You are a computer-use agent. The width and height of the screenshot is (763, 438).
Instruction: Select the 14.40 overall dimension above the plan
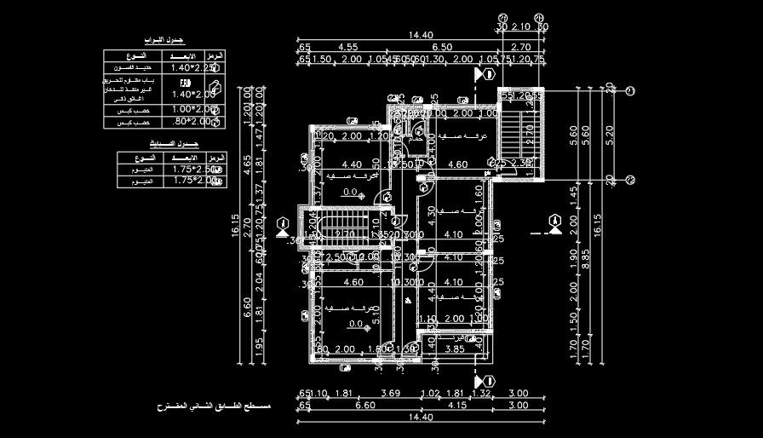pyautogui.click(x=422, y=35)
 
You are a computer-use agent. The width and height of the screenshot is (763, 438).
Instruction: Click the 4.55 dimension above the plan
pyautogui.click(x=347, y=47)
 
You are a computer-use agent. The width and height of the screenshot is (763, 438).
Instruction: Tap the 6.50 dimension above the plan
pyautogui.click(x=442, y=47)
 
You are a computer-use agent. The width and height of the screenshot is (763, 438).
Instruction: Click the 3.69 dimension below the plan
pyautogui.click(x=391, y=394)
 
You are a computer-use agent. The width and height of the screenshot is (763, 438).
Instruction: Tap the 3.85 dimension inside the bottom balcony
pyautogui.click(x=455, y=349)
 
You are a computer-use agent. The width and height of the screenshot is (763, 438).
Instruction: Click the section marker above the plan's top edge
pyautogui.click(x=484, y=75)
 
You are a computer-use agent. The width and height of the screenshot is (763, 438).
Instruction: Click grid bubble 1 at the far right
pyautogui.click(x=631, y=90)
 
